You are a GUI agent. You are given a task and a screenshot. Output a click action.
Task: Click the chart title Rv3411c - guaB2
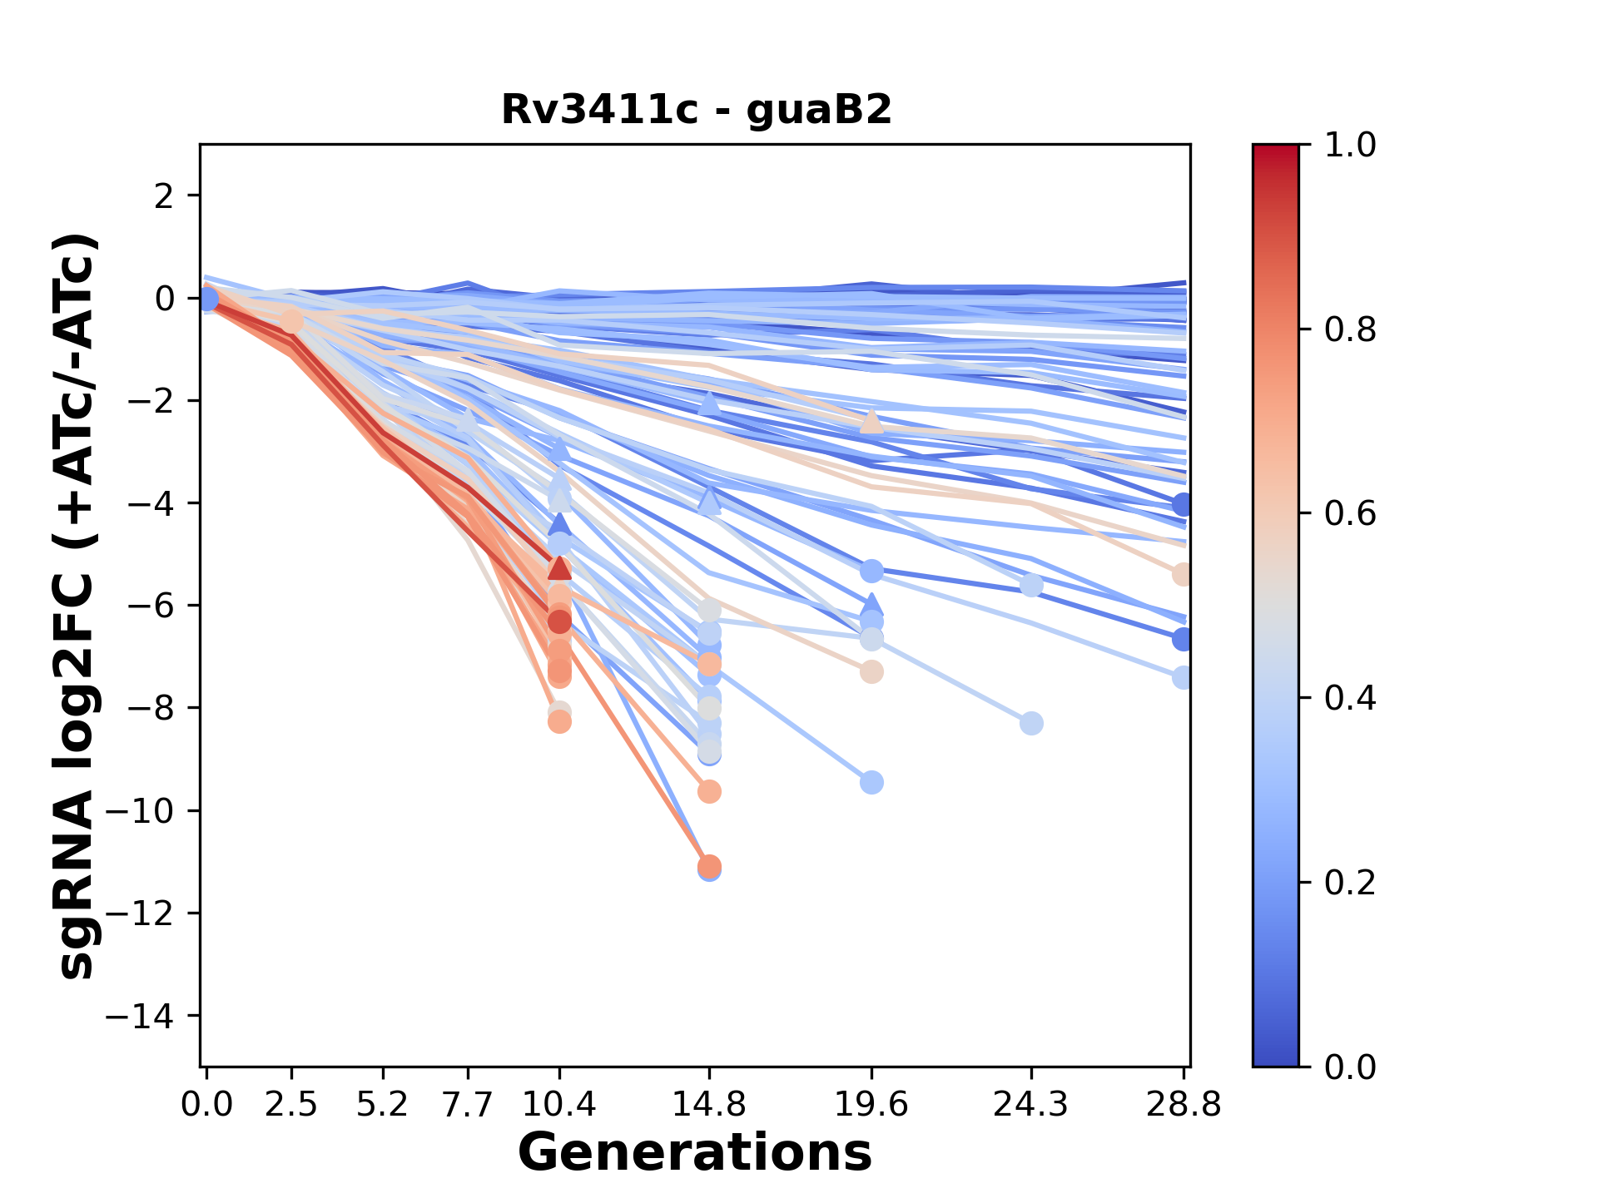tap(697, 110)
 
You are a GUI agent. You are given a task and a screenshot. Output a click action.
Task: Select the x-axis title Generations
tap(695, 1153)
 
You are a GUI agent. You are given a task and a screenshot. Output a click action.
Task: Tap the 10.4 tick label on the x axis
tap(559, 1105)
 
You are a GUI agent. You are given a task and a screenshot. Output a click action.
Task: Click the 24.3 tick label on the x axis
tap(1031, 1105)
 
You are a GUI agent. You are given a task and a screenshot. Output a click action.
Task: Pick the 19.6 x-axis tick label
tap(871, 1105)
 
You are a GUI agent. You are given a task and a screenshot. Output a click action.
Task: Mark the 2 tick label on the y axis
tap(166, 196)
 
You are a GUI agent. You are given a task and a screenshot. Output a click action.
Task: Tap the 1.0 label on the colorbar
tap(1350, 145)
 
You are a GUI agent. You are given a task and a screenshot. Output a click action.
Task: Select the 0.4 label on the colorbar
tap(1350, 698)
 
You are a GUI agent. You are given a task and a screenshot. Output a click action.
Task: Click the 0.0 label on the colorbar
tap(1350, 1067)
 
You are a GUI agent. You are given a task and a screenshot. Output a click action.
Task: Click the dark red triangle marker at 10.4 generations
tap(559, 568)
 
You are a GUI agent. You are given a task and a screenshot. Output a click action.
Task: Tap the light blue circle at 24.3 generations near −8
tap(1031, 723)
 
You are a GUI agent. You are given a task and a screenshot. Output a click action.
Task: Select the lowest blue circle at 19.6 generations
tap(871, 782)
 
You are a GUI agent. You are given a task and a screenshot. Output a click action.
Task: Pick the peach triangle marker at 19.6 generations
tap(871, 422)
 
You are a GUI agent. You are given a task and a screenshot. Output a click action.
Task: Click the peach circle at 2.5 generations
tap(291, 321)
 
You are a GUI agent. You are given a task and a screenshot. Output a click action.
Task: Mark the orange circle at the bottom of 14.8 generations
tap(709, 866)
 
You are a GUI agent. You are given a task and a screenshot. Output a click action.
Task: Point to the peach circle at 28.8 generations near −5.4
tap(1183, 574)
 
